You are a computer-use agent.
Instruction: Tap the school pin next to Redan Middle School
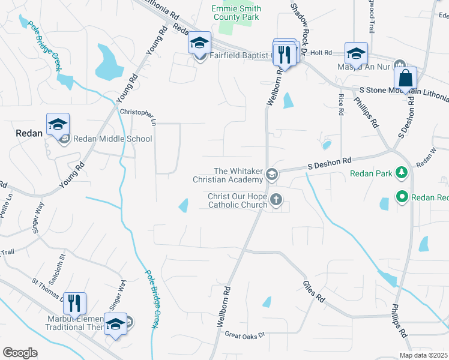pyautogui.click(x=58, y=125)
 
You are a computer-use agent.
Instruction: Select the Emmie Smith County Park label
pyautogui.click(x=236, y=13)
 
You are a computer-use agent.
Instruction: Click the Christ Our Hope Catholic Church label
pyautogui.click(x=237, y=200)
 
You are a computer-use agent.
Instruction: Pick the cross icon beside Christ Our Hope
pyautogui.click(x=276, y=200)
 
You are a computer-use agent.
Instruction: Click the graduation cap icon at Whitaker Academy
pyautogui.click(x=271, y=175)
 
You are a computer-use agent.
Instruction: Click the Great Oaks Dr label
pyautogui.click(x=244, y=335)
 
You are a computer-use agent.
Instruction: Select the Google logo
pyautogui.click(x=20, y=353)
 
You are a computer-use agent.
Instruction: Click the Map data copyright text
pyautogui.click(x=423, y=355)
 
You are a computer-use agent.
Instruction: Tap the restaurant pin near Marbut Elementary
pyautogui.click(x=74, y=304)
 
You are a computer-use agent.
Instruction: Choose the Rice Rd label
pyautogui.click(x=340, y=104)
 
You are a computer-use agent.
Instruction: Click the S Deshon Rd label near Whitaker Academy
pyautogui.click(x=330, y=163)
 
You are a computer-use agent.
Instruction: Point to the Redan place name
pyautogui.click(x=28, y=134)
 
